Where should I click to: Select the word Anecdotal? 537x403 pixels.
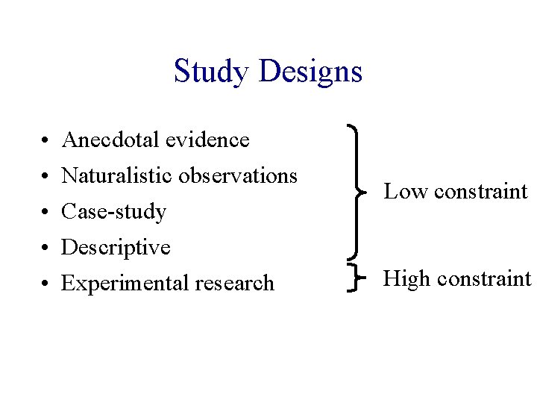[113, 140]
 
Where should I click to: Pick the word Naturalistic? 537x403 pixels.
[120, 175]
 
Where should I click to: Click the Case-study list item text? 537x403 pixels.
[113, 212]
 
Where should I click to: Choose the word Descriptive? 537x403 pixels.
[116, 247]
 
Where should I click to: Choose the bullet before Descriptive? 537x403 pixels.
[45, 248]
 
